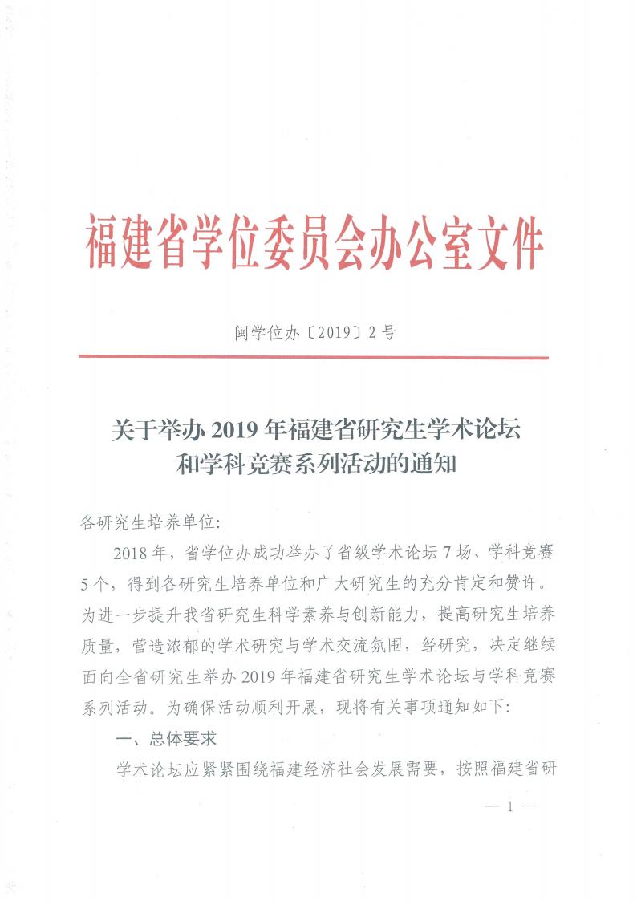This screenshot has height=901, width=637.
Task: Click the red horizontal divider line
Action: (314, 357)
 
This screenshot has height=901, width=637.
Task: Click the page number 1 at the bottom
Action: (509, 806)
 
